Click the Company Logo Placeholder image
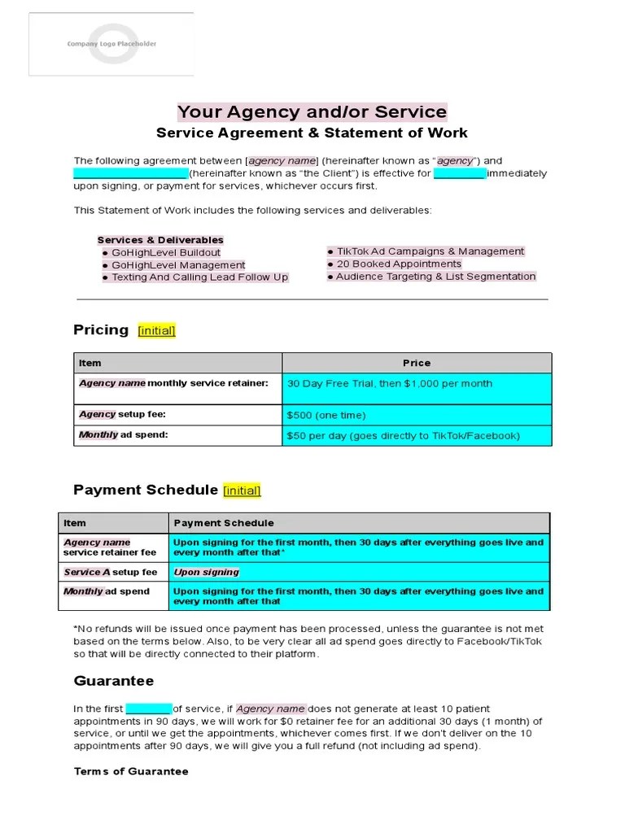111,44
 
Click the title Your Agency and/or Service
312,112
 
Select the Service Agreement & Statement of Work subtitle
312,133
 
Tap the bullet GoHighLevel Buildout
165,252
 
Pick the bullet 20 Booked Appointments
398,264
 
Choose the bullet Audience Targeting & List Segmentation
435,277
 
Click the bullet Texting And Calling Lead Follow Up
199,277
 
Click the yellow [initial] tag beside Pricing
156,330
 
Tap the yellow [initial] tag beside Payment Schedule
242,491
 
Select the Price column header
416,363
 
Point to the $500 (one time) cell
326,415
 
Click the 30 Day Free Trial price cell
389,384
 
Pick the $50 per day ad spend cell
403,436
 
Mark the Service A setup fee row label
111,572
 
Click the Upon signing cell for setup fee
207,572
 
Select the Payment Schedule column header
224,523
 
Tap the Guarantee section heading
113,681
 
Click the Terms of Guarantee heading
131,771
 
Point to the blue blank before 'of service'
149,709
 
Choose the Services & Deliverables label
160,240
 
